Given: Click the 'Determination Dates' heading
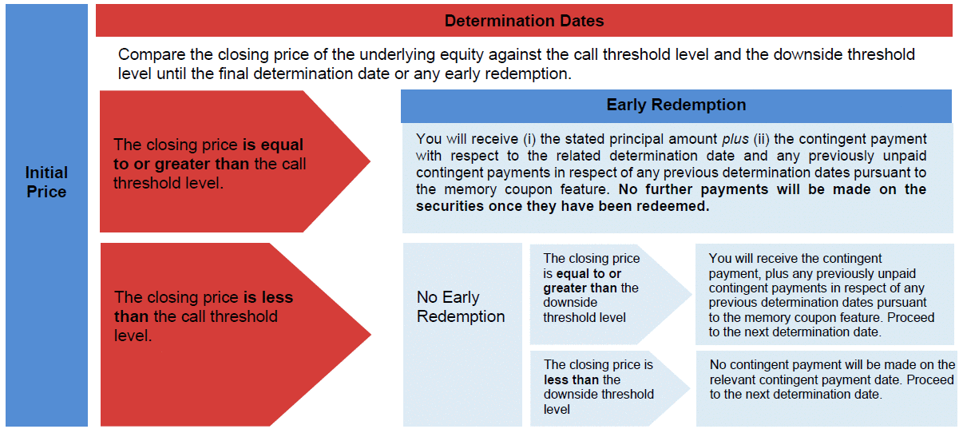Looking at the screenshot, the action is [524, 21].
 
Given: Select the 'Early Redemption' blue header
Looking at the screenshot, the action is [676, 105].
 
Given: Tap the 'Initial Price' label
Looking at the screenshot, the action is [46, 182].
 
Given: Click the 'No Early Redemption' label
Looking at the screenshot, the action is [461, 307].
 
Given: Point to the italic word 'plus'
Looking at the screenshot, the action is [735, 139].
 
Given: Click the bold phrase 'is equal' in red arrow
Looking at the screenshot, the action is [272, 145].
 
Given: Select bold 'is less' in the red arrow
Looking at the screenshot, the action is [268, 297].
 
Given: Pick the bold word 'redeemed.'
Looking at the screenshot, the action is [673, 206].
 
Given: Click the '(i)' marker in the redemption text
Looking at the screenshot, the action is [529, 139].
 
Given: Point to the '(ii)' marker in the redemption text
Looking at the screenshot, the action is [761, 139].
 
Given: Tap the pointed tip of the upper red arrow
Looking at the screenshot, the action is [371, 161].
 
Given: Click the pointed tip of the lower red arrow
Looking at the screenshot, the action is [371, 334].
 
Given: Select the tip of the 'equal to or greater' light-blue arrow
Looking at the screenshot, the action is [692, 295].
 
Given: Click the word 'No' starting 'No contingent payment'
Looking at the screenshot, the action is [718, 364].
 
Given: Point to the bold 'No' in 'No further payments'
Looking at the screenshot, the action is [629, 189].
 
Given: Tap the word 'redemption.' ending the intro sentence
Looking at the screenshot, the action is [529, 74].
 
